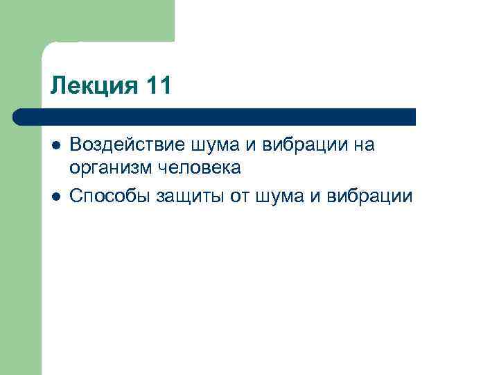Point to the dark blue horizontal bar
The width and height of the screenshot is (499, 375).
[215, 117]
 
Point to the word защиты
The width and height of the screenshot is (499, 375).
[189, 197]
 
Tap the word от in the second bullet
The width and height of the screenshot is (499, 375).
[240, 197]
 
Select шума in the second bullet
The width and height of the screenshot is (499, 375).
[279, 197]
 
